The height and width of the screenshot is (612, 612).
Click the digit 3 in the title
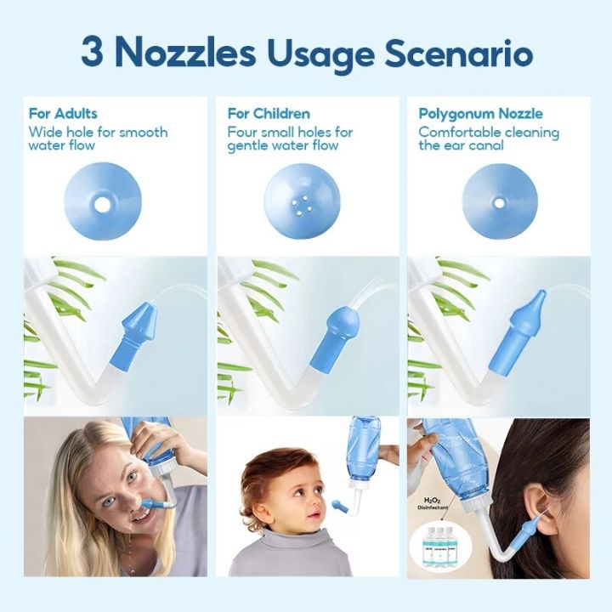(93, 53)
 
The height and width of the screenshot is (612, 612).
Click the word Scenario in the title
(459, 53)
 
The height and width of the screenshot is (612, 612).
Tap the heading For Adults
(63, 114)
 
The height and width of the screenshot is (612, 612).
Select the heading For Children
(269, 114)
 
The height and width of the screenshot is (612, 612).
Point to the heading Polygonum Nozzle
(480, 114)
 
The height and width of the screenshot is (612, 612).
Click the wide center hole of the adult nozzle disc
(103, 204)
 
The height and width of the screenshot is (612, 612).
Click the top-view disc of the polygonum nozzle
(500, 202)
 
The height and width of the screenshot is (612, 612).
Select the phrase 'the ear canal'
(461, 146)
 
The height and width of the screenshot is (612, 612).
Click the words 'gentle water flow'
(282, 146)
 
